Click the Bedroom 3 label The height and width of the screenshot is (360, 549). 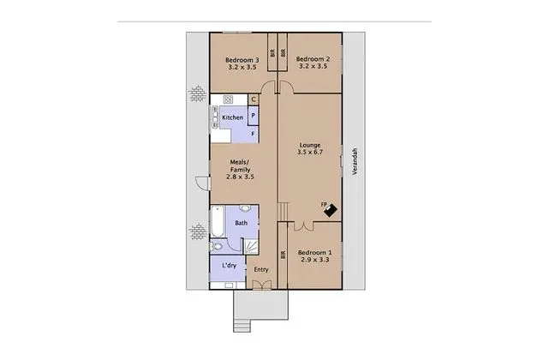[242, 60]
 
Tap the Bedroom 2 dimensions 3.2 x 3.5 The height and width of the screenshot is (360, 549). [313, 66]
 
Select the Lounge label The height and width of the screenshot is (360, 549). [310, 145]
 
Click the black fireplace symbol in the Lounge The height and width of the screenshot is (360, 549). [330, 210]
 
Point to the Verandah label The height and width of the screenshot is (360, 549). [355, 161]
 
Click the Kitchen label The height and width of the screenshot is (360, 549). [232, 117]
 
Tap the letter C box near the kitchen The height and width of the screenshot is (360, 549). [254, 99]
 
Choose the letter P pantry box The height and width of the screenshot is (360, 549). [254, 116]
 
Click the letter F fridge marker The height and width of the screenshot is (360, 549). [253, 134]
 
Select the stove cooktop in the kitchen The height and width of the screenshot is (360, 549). [228, 99]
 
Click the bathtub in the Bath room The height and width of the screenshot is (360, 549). [218, 221]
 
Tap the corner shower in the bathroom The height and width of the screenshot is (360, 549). [251, 246]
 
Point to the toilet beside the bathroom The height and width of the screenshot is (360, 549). [216, 246]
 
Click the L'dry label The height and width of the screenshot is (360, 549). [230, 266]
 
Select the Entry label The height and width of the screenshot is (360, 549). [261, 269]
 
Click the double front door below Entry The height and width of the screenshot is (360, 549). [262, 285]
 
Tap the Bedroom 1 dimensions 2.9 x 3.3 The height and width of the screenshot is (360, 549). [315, 260]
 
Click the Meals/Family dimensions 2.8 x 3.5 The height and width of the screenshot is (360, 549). [240, 177]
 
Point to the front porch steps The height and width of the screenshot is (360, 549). [242, 326]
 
